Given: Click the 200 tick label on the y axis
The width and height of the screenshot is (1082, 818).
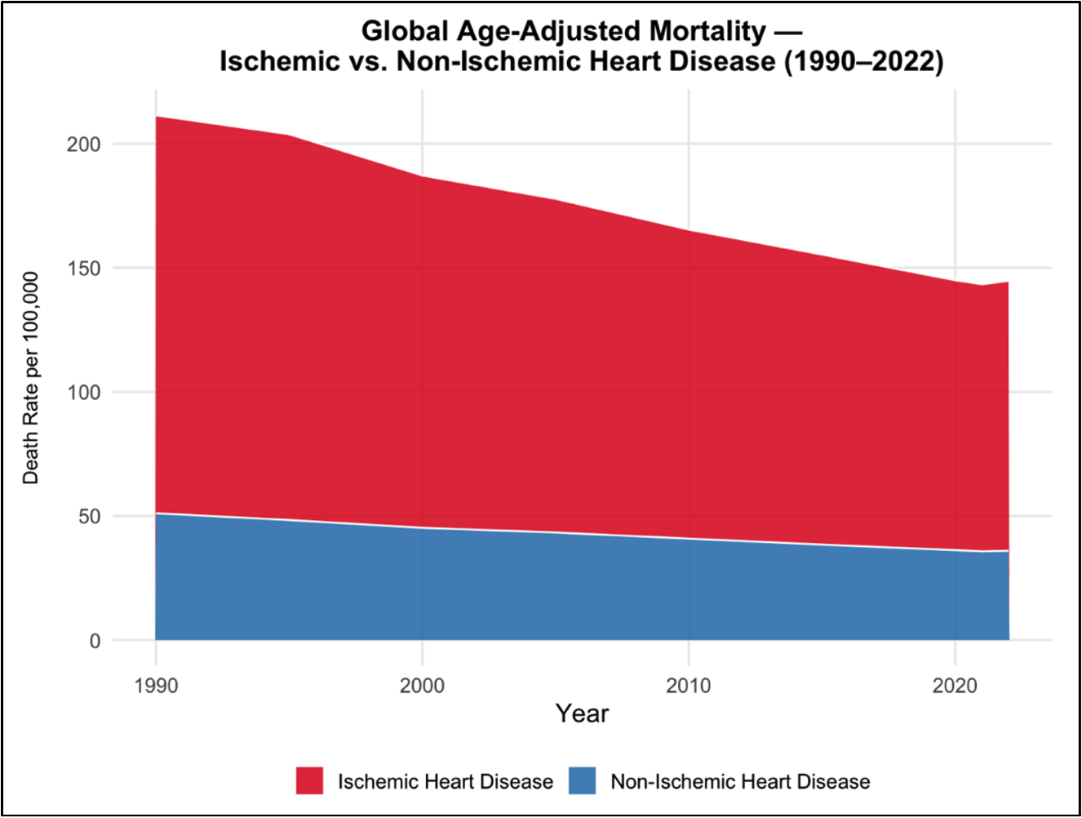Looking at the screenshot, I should point(84,144).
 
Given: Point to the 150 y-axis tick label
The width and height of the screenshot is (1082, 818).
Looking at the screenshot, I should point(84,269).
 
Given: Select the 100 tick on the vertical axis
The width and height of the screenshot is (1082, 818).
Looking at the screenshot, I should point(84,393).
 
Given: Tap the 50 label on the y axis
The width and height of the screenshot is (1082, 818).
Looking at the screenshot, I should point(90,517).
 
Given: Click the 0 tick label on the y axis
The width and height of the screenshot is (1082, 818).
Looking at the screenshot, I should point(95,641).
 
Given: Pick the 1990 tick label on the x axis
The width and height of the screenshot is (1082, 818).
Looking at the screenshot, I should point(156,686).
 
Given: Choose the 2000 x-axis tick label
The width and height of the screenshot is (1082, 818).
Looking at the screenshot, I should point(422,686).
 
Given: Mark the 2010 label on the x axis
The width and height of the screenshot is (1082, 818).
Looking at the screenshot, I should point(689,686).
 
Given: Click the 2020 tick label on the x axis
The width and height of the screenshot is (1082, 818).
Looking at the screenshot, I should point(955,686).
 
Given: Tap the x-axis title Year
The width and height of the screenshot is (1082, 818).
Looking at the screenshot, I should point(582,714).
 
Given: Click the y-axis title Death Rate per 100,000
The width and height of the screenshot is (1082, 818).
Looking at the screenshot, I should point(31,378).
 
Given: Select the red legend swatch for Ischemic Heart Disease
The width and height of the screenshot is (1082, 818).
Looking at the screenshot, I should point(310,781).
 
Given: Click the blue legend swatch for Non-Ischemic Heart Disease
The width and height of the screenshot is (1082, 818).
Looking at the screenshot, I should point(583,781).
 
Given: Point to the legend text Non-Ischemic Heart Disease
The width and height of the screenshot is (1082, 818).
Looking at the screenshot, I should point(740,782).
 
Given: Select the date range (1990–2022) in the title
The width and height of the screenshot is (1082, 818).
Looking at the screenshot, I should point(863,61).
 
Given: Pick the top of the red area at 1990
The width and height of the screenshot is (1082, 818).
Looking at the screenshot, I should point(156,117).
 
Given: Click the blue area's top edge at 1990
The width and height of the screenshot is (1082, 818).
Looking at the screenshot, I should point(156,513).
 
